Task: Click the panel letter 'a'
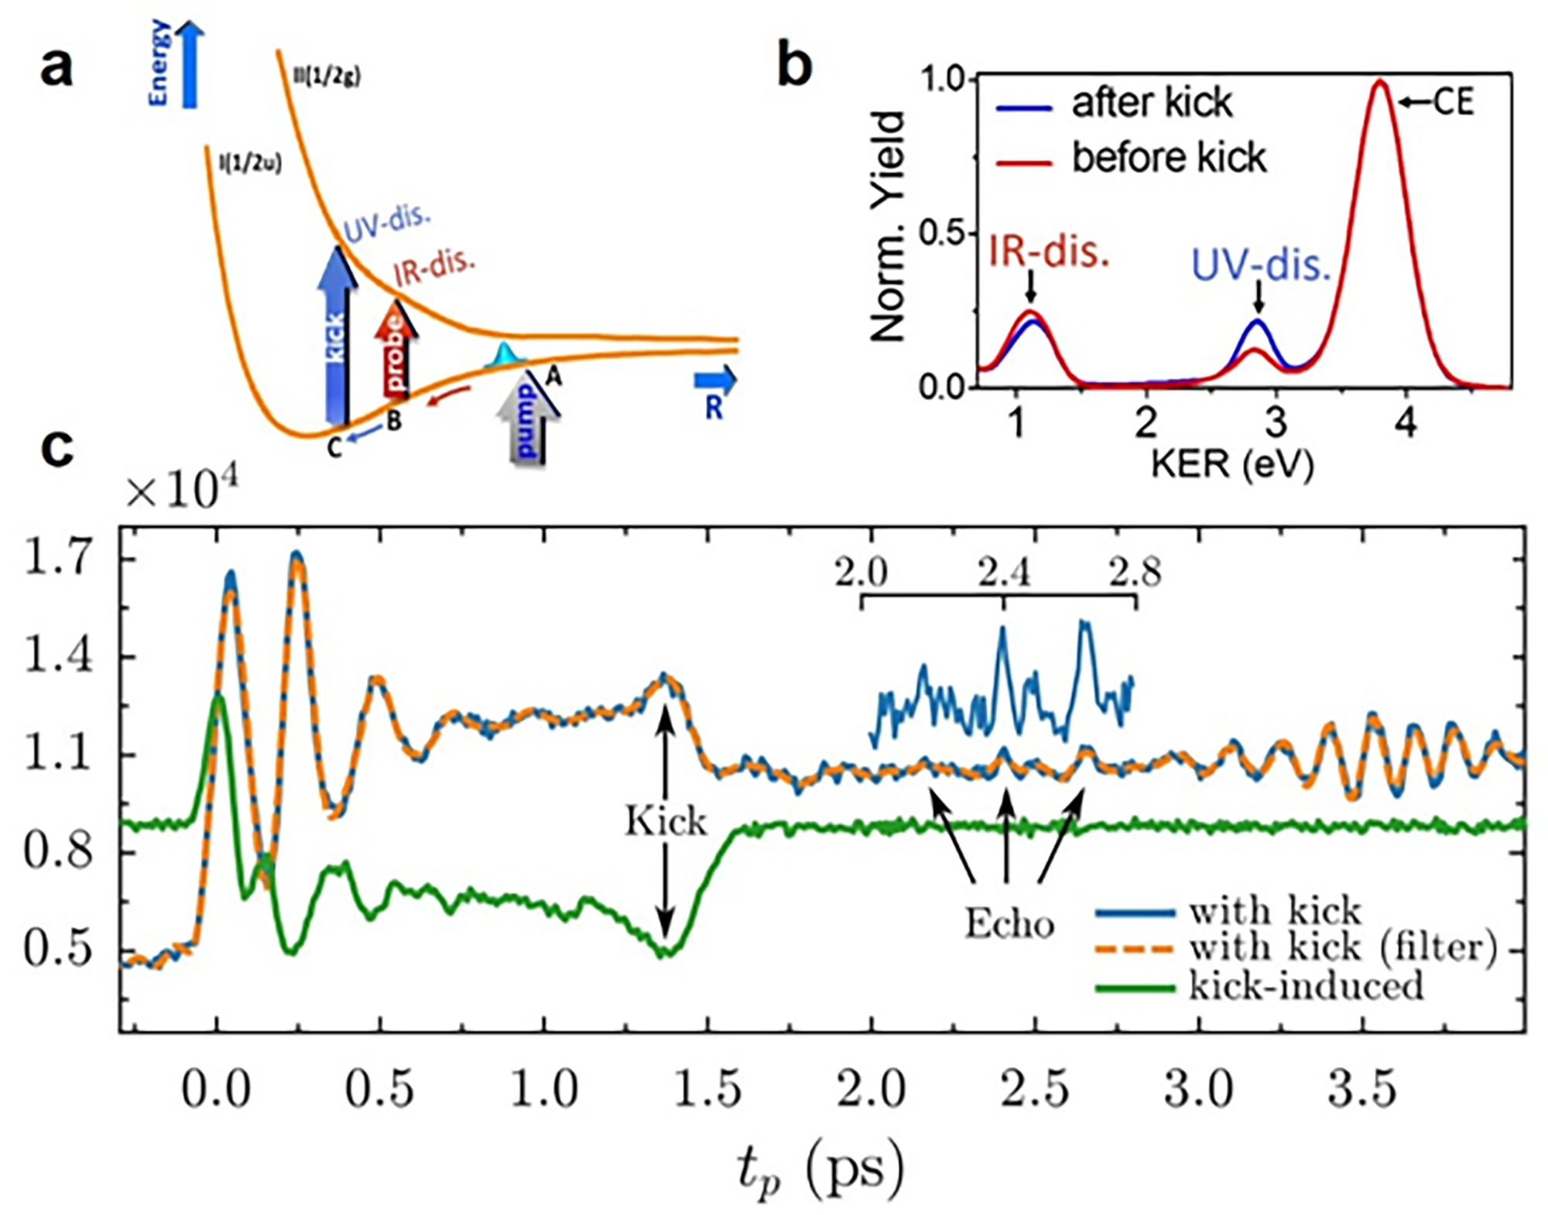coord(57,67)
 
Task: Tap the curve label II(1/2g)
coord(327,76)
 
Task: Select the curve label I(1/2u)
coord(249,163)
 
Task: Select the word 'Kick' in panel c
coord(666,821)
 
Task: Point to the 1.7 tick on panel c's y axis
coord(58,559)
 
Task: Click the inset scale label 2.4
coord(1004,573)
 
